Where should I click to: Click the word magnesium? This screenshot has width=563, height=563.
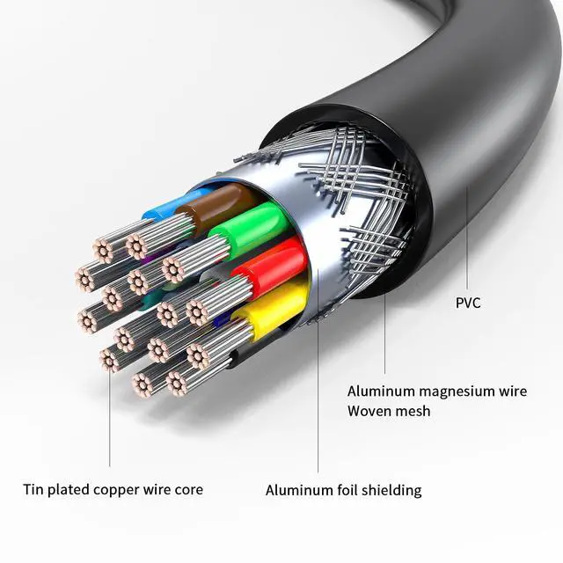pyautogui.click(x=455, y=391)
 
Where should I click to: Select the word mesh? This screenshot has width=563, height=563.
pyautogui.click(x=413, y=410)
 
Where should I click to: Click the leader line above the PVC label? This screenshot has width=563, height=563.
pyautogui.click(x=467, y=238)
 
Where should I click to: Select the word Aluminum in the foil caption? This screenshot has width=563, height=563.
pyautogui.click(x=296, y=490)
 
